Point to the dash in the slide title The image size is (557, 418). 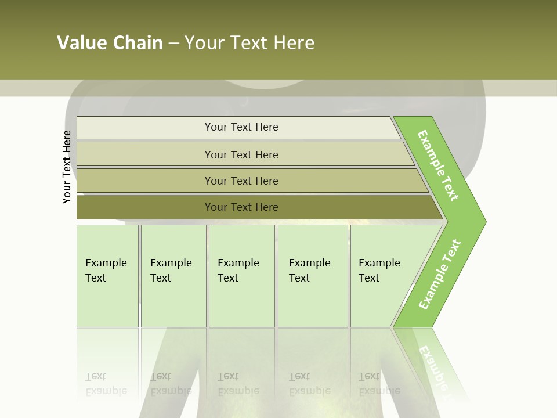coord(173,44)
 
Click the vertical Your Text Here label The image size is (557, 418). coord(67,167)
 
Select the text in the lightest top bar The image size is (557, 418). coord(241,127)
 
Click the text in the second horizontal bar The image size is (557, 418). coord(241,155)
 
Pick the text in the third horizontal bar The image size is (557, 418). coord(241,181)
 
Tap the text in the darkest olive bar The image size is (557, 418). coord(241,207)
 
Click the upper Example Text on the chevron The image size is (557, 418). coord(438,165)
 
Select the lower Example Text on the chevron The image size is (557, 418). coord(439,275)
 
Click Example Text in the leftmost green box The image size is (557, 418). coord(106,271)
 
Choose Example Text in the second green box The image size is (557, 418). coord(171,271)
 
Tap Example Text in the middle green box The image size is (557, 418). coord(238,271)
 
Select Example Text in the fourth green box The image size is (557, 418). coord(309,271)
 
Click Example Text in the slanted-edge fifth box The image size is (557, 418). coord(379,271)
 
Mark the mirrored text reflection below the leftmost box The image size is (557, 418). coord(106,384)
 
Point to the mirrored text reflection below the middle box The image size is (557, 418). coord(238,384)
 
